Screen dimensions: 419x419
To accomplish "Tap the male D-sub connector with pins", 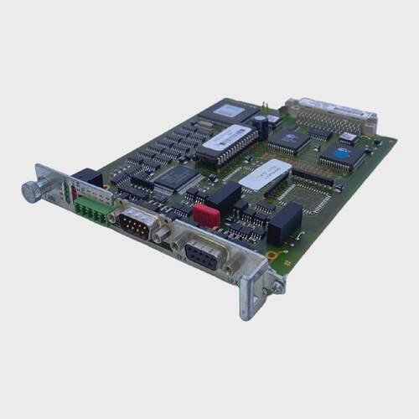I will tap(136, 225).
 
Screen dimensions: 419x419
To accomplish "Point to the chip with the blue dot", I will tap(345, 156).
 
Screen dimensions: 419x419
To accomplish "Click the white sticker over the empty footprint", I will tap(266, 175).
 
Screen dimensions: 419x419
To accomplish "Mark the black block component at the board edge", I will tap(285, 223).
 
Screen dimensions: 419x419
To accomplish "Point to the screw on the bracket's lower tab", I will tap(277, 284).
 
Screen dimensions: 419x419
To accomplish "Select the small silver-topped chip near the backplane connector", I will tap(347, 137).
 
